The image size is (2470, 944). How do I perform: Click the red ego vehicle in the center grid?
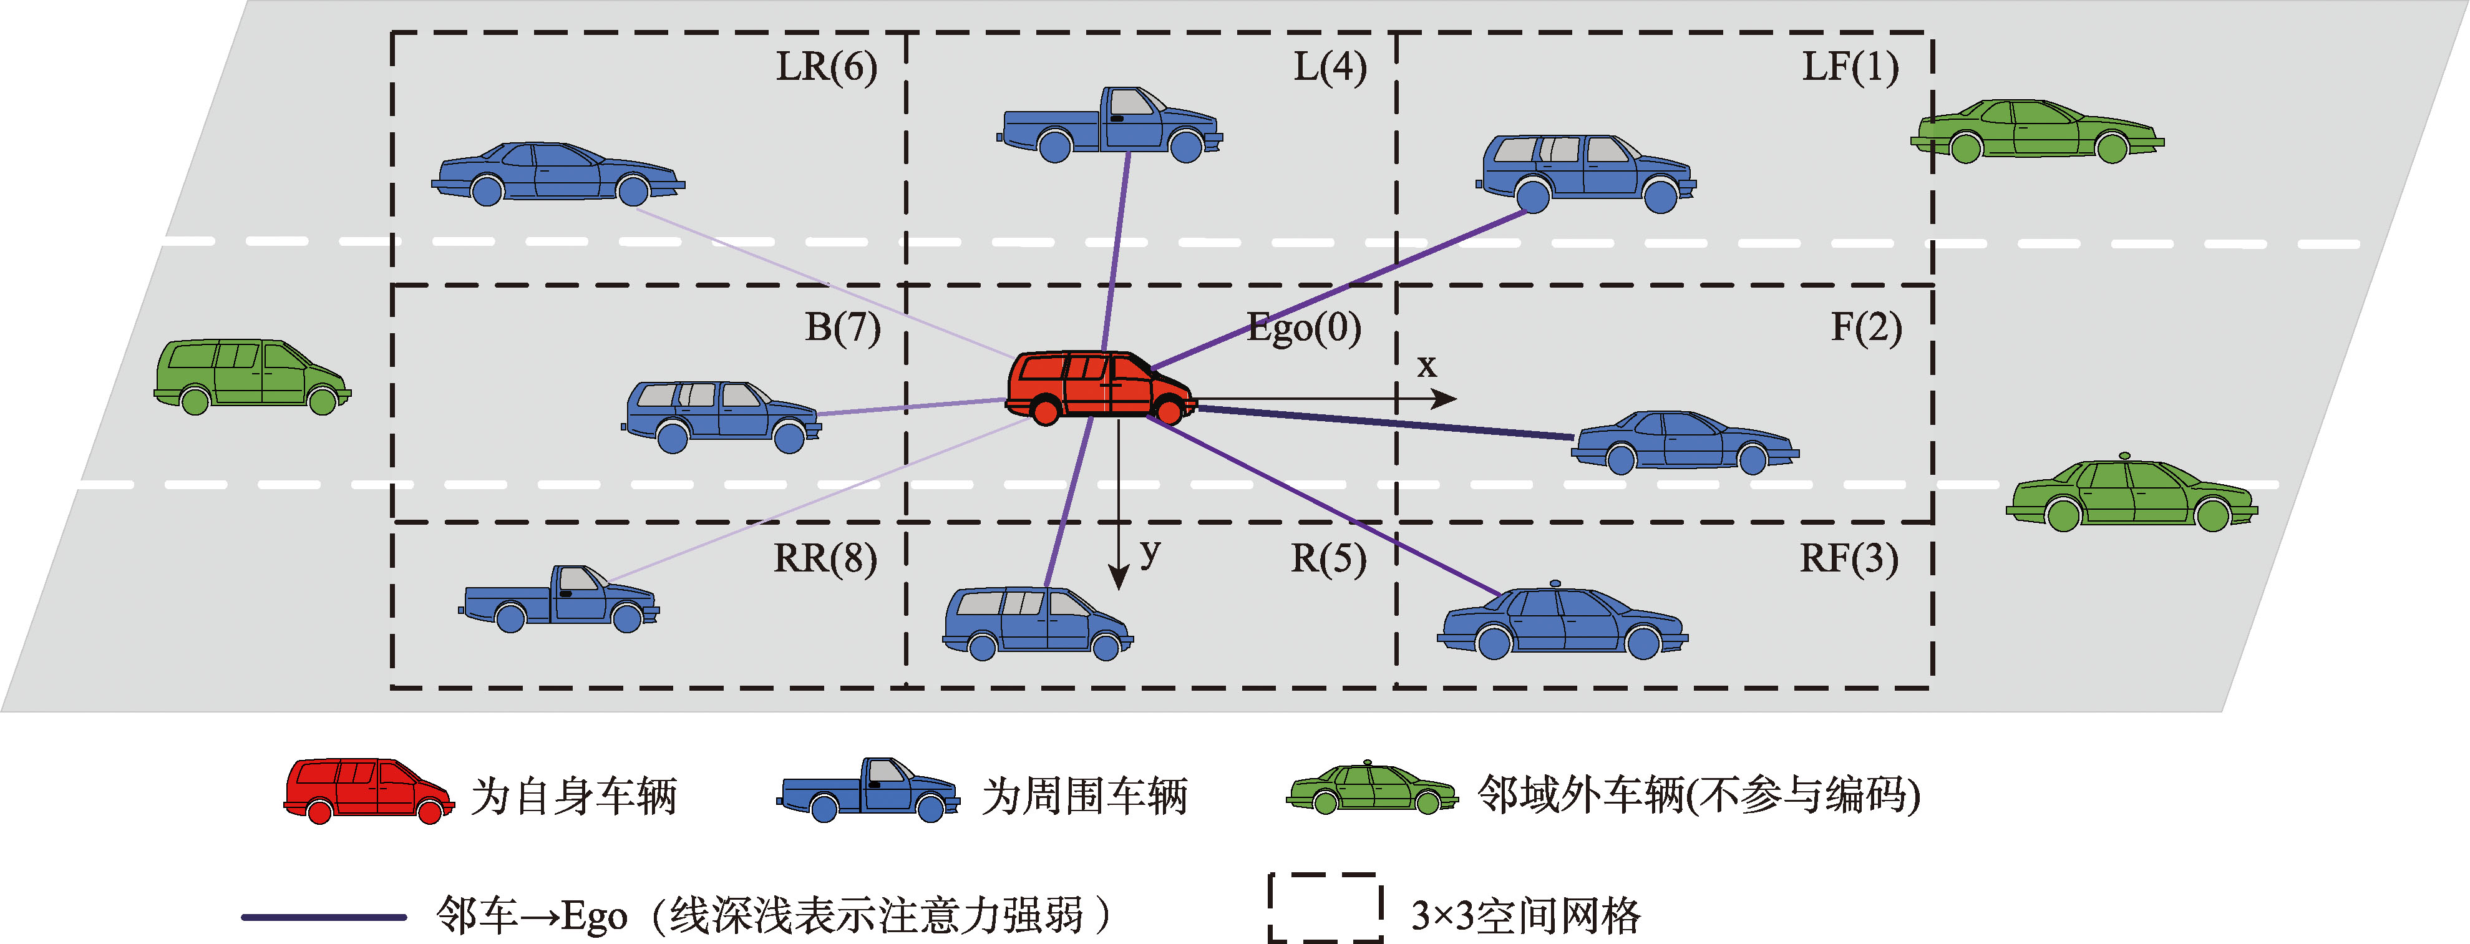tap(1099, 386)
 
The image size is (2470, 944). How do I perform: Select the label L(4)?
tap(1330, 67)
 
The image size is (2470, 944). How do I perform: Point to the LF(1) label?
tap(1850, 67)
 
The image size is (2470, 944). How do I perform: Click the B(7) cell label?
tap(842, 328)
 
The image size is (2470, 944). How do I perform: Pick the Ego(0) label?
tap(1303, 328)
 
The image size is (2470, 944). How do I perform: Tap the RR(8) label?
tap(825, 558)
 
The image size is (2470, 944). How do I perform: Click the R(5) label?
tap(1328, 558)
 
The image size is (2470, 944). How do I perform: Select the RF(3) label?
tap(1848, 558)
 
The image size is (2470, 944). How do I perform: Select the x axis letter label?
tap(1427, 366)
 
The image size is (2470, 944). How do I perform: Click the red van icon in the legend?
tap(368, 791)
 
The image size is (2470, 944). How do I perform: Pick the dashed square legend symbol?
tap(1324, 907)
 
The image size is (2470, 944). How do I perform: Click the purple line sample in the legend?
tap(324, 917)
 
